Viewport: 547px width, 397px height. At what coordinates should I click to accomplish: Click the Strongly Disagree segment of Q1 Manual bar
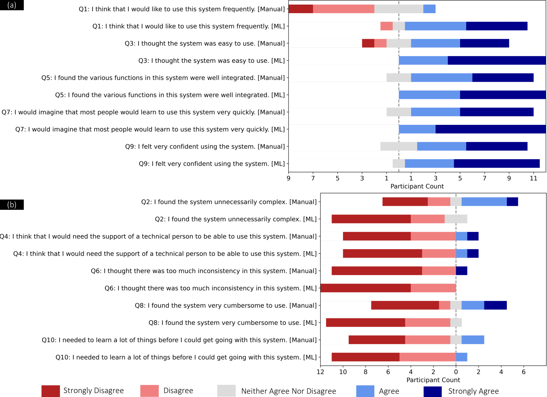click(x=301, y=9)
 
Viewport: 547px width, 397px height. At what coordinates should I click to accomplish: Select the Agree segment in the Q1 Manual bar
click(x=429, y=9)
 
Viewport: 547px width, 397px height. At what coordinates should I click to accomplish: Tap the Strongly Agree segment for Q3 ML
click(x=496, y=61)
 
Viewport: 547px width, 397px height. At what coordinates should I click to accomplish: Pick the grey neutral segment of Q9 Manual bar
click(x=398, y=146)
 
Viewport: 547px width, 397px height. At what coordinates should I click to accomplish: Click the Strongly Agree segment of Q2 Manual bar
click(x=512, y=202)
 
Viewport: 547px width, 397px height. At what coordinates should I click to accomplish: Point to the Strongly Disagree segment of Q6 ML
click(x=366, y=288)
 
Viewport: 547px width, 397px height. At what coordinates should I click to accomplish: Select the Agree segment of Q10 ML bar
click(x=461, y=357)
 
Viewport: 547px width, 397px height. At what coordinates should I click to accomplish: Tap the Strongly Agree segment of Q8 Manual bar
click(x=495, y=305)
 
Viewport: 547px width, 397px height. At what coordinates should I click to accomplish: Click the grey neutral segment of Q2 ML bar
click(x=456, y=219)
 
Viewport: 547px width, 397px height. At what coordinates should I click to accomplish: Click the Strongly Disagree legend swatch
click(x=50, y=391)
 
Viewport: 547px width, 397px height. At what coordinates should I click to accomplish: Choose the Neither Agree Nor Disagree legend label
click(x=288, y=391)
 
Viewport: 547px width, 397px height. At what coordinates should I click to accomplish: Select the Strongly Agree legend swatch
click(x=432, y=391)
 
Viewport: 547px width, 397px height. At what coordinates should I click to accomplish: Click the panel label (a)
click(x=12, y=5)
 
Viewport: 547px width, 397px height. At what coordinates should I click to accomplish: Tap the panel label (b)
click(x=12, y=205)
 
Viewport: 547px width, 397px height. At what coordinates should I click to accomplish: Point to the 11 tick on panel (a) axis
click(x=533, y=178)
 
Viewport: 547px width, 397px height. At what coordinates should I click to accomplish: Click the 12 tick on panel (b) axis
click(x=320, y=372)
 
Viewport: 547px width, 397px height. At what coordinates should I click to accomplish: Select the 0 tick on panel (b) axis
click(x=456, y=372)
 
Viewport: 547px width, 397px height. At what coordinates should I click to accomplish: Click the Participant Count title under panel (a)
click(x=417, y=186)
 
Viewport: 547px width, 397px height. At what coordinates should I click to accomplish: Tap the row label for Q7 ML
click(x=150, y=129)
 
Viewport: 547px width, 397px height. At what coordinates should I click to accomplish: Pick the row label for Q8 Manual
click(x=226, y=305)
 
